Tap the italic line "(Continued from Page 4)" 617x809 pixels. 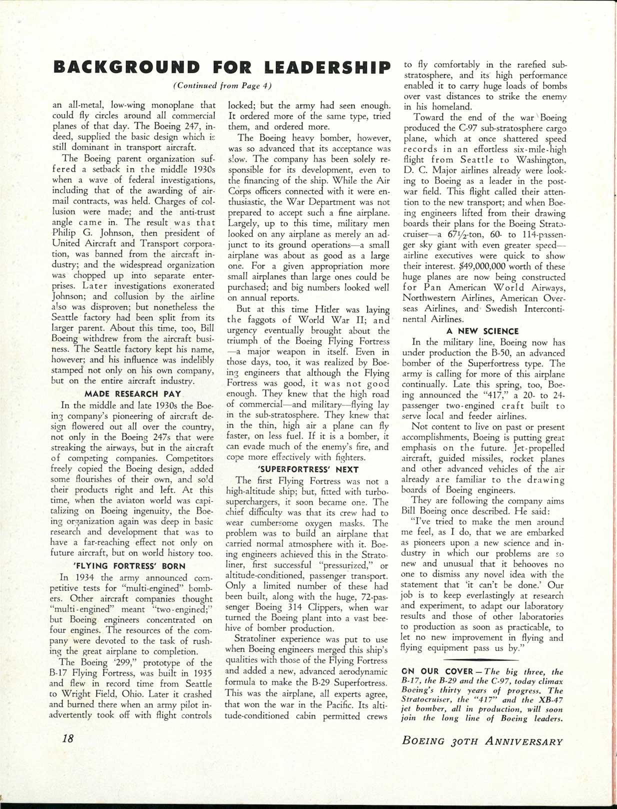coord(222,85)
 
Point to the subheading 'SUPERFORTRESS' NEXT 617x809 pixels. coord(307,469)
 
